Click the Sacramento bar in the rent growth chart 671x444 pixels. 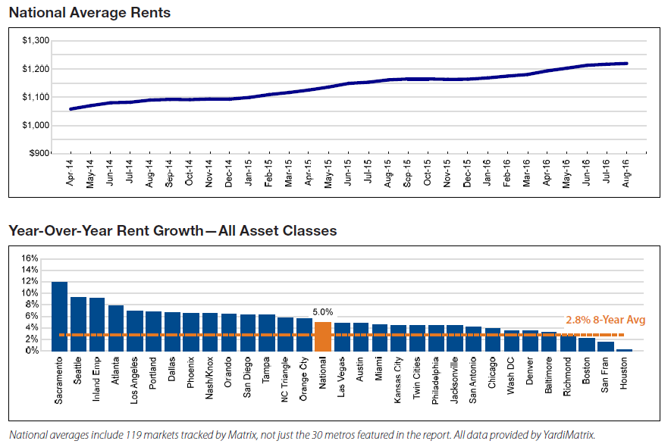coord(59,316)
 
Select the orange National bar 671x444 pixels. coord(323,336)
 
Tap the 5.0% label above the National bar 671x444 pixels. coord(323,311)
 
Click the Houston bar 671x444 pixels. coord(624,349)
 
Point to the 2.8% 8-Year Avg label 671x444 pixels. coord(606,320)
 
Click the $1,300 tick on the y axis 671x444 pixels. coord(36,41)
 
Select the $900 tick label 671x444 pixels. coord(39,153)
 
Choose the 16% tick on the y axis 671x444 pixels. coord(29,258)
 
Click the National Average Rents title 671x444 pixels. coord(89,13)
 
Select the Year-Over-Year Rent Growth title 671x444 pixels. coord(172,230)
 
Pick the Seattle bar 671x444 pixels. coord(78,324)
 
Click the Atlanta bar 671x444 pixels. coord(116,328)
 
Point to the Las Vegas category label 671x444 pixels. coord(343,376)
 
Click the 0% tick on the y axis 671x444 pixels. coord(31,351)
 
